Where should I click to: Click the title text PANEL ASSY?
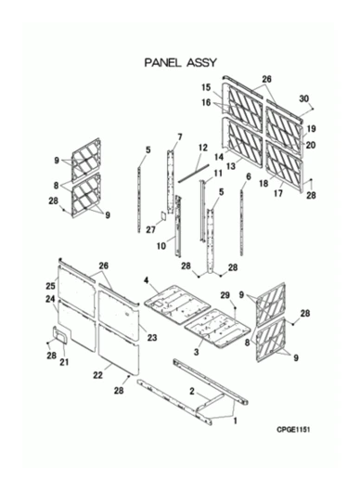pos(180,62)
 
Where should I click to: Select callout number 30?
pos(303,98)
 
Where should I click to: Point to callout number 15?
pos(208,88)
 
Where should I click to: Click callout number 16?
pos(208,104)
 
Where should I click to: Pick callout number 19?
pos(313,129)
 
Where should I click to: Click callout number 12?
pos(201,149)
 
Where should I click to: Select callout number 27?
pos(149,226)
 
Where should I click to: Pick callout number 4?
pos(146,279)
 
